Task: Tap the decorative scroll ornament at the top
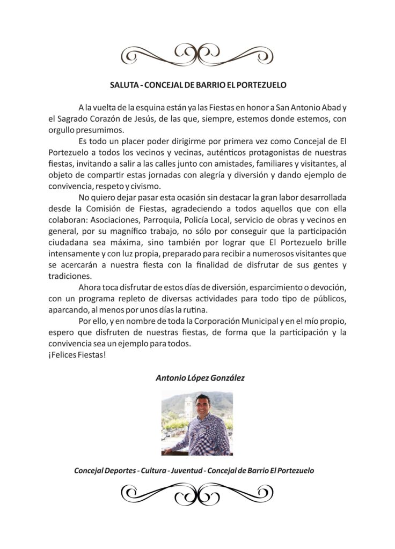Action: pyautogui.click(x=197, y=54)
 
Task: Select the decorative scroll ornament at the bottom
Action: pyautogui.click(x=197, y=494)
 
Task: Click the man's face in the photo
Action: pyautogui.click(x=202, y=406)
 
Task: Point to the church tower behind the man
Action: pyautogui.click(x=188, y=407)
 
